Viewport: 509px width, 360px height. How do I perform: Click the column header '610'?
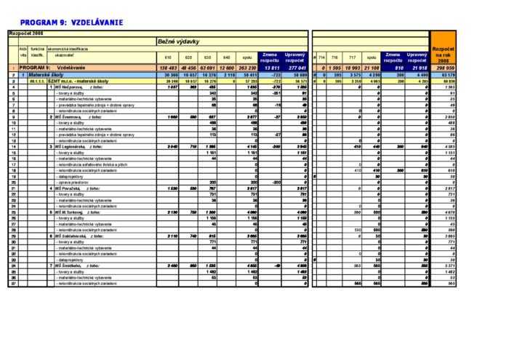coord(168,57)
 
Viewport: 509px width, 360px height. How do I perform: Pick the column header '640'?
coord(226,57)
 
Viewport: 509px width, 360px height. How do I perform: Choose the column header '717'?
coord(352,57)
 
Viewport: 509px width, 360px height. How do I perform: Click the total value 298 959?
coord(444,68)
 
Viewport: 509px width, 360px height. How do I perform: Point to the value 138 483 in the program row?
coord(168,68)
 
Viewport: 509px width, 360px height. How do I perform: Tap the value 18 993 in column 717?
coord(352,68)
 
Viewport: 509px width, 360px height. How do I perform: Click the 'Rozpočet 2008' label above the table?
coord(26,33)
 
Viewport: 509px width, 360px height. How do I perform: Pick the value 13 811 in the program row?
coord(270,68)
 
